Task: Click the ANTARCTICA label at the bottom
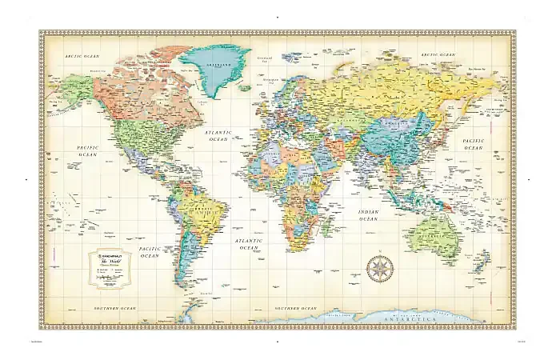(x=414, y=318)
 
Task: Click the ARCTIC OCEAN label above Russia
(x=437, y=54)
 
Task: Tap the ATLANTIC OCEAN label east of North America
(x=217, y=135)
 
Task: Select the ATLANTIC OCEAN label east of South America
(x=245, y=244)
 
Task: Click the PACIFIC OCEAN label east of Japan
(x=474, y=144)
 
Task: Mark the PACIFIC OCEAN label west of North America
(x=86, y=151)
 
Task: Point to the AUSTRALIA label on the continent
(x=439, y=238)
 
